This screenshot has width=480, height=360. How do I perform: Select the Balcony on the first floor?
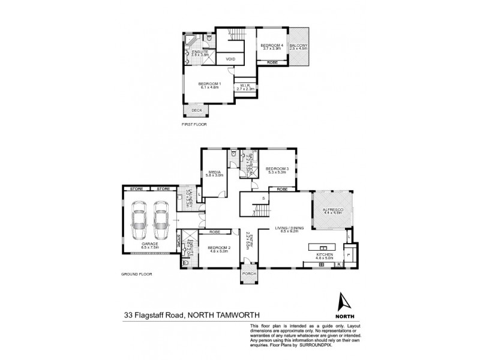(298, 46)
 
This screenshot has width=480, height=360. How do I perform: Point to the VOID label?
(230, 59)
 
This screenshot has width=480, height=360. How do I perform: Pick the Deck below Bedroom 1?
(196, 110)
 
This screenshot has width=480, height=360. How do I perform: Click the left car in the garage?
(137, 220)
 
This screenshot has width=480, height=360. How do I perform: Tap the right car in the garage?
(159, 220)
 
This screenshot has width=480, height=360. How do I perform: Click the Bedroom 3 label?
(277, 169)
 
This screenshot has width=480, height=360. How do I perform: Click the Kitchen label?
(325, 255)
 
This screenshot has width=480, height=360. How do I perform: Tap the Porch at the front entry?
(249, 274)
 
